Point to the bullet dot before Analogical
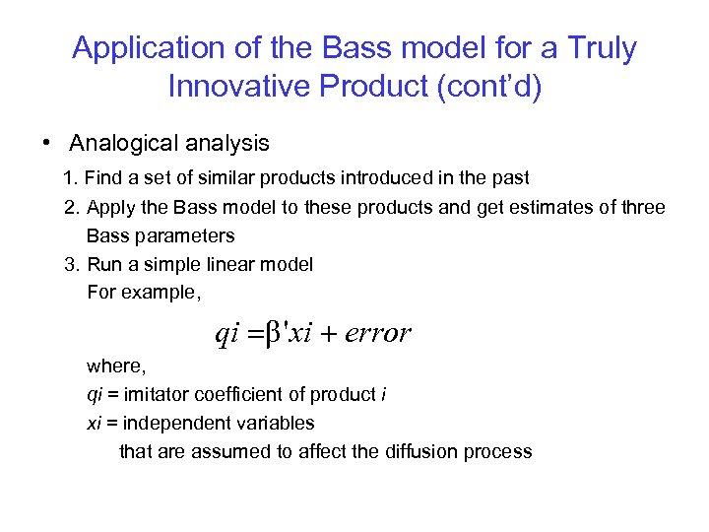46,143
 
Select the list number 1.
68,179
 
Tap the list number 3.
68,264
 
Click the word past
510,179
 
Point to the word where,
116,366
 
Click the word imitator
152,395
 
